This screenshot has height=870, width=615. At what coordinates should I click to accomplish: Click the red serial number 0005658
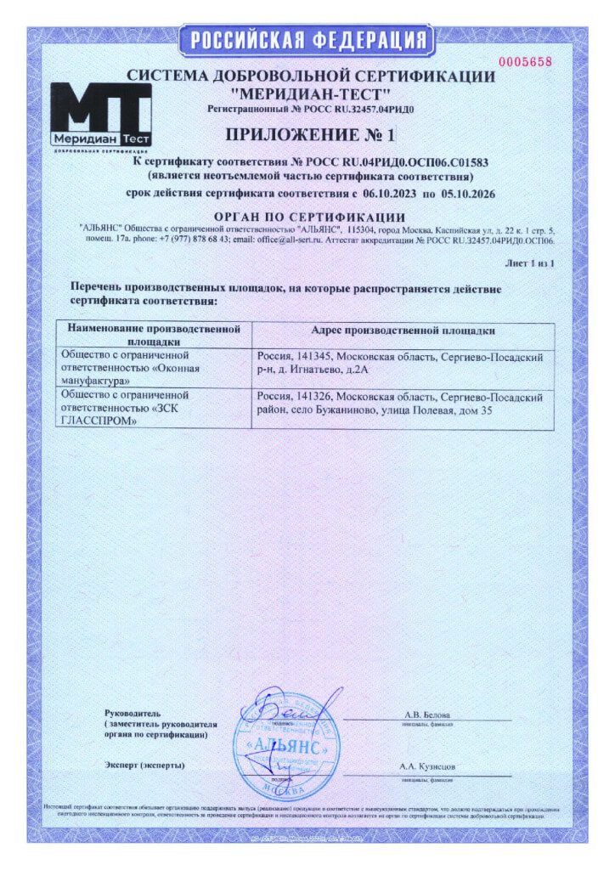(524, 62)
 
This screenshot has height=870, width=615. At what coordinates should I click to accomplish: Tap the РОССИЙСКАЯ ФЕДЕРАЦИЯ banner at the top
(307, 39)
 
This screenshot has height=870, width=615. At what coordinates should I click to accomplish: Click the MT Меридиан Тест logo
(100, 118)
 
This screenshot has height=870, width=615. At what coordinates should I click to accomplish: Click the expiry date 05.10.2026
(465, 195)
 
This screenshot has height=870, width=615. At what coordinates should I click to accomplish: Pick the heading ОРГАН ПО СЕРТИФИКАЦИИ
(308, 217)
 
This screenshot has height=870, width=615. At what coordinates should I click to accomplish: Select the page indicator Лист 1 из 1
(531, 265)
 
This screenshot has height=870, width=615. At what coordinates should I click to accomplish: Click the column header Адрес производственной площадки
(403, 330)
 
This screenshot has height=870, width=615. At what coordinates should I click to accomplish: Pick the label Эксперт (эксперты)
(144, 765)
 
